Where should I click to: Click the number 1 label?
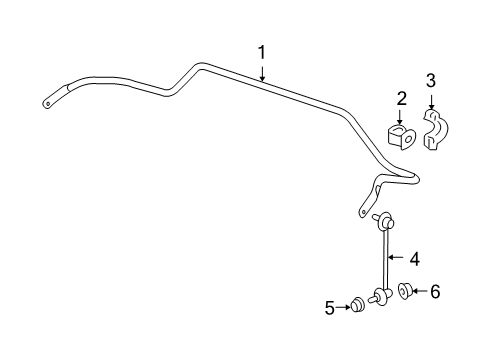(262, 52)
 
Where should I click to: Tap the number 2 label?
(401, 99)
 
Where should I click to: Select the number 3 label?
(431, 80)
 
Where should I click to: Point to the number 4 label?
(414, 257)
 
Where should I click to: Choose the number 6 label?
(434, 291)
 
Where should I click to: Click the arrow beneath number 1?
(262, 71)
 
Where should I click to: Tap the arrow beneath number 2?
(401, 118)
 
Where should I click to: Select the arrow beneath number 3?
(431, 100)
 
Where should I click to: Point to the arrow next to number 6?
(420, 291)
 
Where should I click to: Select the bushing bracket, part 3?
(434, 129)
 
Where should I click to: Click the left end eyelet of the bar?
(48, 101)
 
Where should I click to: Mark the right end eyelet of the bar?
(361, 211)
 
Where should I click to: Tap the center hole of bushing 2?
(401, 139)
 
